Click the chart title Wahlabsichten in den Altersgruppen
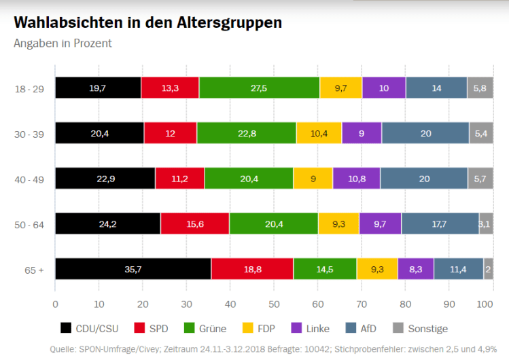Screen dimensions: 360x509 pyautogui.click(x=147, y=22)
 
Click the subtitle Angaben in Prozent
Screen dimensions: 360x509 pyautogui.click(x=63, y=43)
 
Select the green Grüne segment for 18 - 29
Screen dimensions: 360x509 pyautogui.click(x=259, y=88)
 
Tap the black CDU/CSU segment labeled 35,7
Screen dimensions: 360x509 pyautogui.click(x=133, y=269)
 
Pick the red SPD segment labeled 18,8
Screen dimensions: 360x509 pyautogui.click(x=252, y=269)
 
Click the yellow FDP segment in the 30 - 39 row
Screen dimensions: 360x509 pyautogui.click(x=319, y=133)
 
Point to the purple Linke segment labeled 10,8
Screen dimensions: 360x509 pyautogui.click(x=356, y=178)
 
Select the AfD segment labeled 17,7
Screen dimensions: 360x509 pyautogui.click(x=440, y=223)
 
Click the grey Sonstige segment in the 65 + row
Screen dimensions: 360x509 pyautogui.click(x=488, y=269)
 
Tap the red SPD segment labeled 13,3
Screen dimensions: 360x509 pyautogui.click(x=170, y=88)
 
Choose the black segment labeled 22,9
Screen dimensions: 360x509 pyautogui.click(x=105, y=178)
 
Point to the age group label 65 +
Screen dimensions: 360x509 pyautogui.click(x=33, y=269)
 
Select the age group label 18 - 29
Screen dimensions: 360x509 pyautogui.click(x=29, y=88)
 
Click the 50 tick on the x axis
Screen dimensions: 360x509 pyautogui.click(x=274, y=304)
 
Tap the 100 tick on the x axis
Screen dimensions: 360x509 pyautogui.click(x=485, y=304)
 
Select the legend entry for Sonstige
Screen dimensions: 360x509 pyautogui.click(x=420, y=329)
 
